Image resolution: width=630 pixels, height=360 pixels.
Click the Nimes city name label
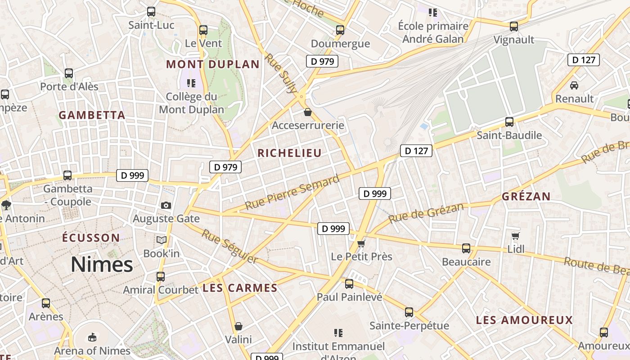click(x=102, y=265)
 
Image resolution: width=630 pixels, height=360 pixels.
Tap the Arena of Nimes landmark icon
click(x=92, y=337)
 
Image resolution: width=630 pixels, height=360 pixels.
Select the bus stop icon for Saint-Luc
click(x=151, y=12)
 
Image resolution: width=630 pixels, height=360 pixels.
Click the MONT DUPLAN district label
click(x=213, y=64)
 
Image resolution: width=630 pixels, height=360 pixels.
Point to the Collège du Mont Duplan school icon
click(x=191, y=83)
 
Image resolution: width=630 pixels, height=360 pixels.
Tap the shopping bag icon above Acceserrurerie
click(x=308, y=112)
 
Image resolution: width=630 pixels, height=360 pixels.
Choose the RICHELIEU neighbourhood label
click(x=290, y=153)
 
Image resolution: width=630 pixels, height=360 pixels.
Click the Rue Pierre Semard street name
click(x=292, y=193)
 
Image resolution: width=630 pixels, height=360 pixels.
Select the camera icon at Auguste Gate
click(x=166, y=205)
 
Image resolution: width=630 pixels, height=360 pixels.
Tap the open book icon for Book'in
click(x=162, y=240)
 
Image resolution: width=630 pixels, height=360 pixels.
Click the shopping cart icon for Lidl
click(x=516, y=235)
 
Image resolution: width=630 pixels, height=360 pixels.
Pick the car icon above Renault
click(x=574, y=85)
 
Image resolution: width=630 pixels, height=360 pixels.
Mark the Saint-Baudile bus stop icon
click(x=509, y=122)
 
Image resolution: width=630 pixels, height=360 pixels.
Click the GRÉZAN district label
click(x=526, y=196)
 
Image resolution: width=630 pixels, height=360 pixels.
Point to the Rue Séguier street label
click(x=229, y=247)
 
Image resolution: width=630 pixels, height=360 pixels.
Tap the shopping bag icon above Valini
click(x=238, y=326)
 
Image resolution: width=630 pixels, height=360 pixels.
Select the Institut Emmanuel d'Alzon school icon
click(x=338, y=333)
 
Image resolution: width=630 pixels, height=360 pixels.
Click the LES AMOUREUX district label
click(x=524, y=320)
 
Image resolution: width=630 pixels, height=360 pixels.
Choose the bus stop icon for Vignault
click(x=514, y=26)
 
